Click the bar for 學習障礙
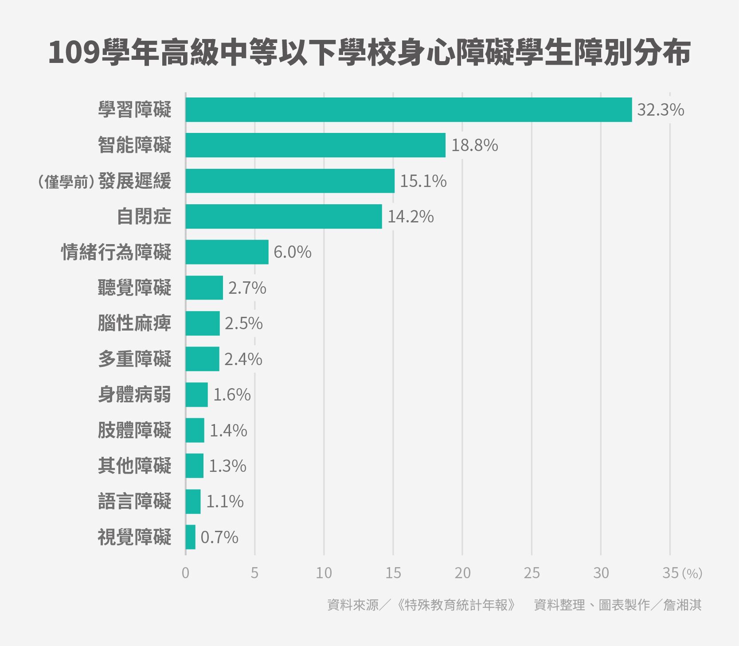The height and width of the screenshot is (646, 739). pos(408,109)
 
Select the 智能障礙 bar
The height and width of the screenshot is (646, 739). pos(315,145)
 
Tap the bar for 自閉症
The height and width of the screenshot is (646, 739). pos(284,216)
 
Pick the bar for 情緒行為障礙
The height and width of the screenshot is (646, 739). pos(227,252)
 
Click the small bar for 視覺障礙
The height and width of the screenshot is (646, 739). pos(191,537)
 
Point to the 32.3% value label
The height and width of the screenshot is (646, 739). pos(660,110)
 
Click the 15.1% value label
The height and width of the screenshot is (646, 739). pos(423,181)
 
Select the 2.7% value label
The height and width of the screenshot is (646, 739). pos(247,288)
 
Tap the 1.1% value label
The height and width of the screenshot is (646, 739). pos(225,502)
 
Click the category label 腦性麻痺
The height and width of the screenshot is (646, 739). pos(134,323)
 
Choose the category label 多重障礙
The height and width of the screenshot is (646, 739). pos(134,359)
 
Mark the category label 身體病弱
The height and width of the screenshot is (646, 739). pos(134,394)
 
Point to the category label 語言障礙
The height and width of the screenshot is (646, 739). pos(134,502)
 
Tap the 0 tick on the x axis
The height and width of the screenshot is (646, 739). pos(185,573)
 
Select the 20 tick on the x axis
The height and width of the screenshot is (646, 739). pos(462,573)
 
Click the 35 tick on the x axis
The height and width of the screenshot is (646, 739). pos(670,573)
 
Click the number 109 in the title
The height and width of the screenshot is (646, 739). pos(74,53)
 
